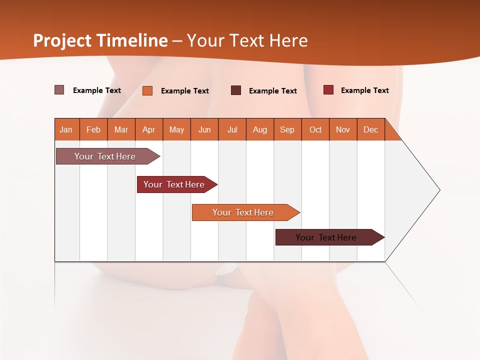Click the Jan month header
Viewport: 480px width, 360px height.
click(66, 129)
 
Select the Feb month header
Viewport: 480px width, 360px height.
click(93, 129)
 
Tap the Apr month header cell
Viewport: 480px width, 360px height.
click(149, 129)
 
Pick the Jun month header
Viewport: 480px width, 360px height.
click(204, 129)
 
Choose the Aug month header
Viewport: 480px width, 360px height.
click(260, 129)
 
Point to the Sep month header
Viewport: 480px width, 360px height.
click(287, 129)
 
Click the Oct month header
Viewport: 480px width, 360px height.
click(315, 129)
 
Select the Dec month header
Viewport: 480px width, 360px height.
click(371, 129)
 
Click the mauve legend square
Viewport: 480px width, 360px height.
click(59, 90)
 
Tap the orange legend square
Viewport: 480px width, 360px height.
click(147, 90)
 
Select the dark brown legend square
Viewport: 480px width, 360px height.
click(236, 90)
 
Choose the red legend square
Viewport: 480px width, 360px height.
click(328, 90)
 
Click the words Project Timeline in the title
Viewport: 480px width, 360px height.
click(100, 40)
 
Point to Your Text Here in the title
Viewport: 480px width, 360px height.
click(247, 40)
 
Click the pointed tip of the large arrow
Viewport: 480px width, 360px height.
click(438, 190)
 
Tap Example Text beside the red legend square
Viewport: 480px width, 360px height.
click(364, 90)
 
